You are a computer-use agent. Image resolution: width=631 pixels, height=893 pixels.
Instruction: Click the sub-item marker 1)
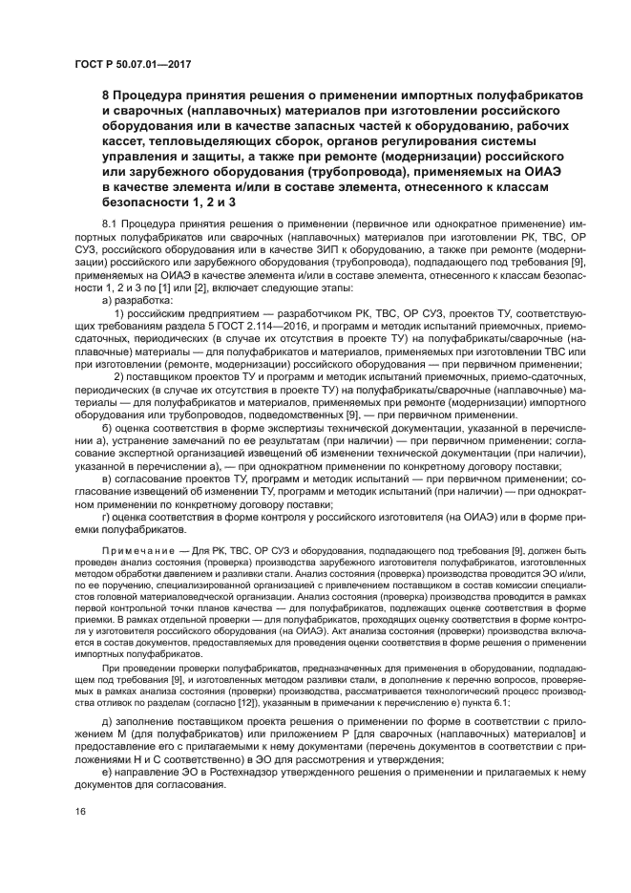[x=121, y=312]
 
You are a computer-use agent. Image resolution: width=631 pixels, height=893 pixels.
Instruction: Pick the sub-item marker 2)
[x=121, y=375]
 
